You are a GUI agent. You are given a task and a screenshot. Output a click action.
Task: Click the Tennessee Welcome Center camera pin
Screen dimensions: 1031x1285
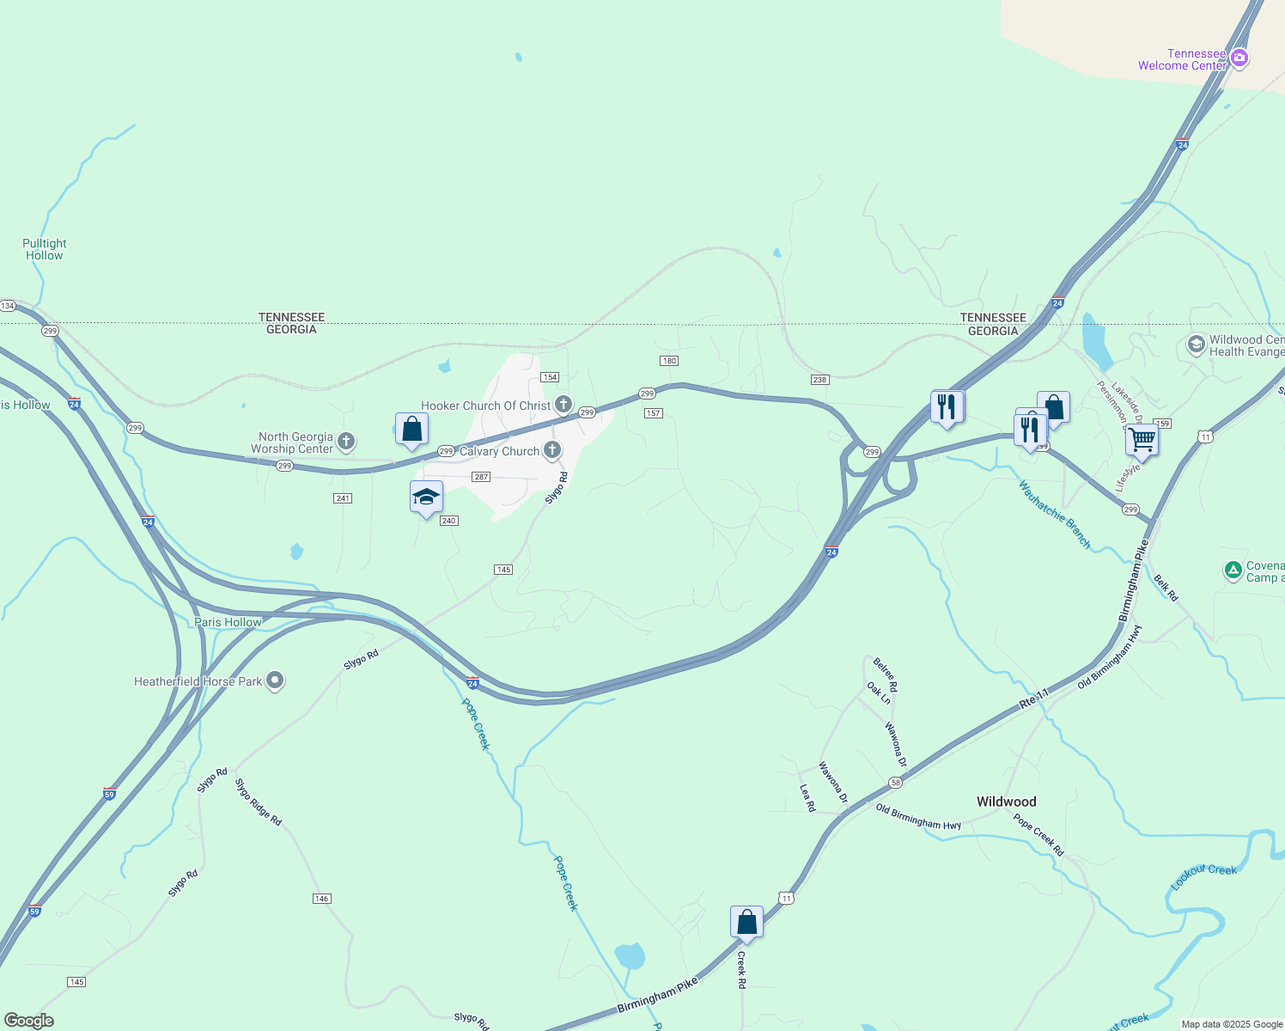click(x=1239, y=58)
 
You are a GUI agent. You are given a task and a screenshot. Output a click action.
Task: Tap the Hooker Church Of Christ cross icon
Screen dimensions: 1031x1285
click(x=563, y=404)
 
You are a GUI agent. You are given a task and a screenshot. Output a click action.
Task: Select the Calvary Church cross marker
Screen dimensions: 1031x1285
click(x=552, y=449)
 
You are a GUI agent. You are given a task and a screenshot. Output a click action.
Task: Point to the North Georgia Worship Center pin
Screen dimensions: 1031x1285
click(x=345, y=442)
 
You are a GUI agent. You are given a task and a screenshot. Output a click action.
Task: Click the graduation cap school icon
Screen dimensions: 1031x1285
click(x=426, y=497)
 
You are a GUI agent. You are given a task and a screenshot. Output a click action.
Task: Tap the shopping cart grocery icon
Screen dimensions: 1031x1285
click(x=1142, y=440)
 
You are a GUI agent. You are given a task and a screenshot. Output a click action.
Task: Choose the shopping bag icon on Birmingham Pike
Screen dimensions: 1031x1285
click(x=746, y=922)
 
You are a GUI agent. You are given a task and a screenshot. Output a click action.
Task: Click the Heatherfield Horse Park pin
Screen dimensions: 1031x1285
click(x=275, y=680)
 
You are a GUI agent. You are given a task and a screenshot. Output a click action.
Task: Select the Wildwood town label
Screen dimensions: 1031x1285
click(x=1006, y=802)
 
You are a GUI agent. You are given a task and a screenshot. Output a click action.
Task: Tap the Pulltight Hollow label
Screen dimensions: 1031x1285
click(x=45, y=249)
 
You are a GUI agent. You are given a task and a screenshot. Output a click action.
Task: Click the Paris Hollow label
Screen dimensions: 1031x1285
click(x=228, y=622)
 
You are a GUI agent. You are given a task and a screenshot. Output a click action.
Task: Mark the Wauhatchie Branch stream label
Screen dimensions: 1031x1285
click(x=1054, y=515)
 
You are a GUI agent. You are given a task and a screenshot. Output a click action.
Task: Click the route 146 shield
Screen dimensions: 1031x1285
click(x=321, y=899)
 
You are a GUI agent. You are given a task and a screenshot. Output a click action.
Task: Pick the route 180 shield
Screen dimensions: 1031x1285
click(x=669, y=361)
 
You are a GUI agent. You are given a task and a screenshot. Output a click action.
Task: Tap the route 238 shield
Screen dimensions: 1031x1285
click(x=819, y=380)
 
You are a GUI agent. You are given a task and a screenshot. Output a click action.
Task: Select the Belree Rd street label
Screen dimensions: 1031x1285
click(x=885, y=674)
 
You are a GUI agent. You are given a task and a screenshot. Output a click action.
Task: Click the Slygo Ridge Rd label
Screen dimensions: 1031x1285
click(x=259, y=802)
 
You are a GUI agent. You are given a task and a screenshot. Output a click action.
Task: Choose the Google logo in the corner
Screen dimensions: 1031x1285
click(x=29, y=1021)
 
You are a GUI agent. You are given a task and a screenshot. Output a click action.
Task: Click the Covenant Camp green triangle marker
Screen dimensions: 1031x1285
click(x=1233, y=570)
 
